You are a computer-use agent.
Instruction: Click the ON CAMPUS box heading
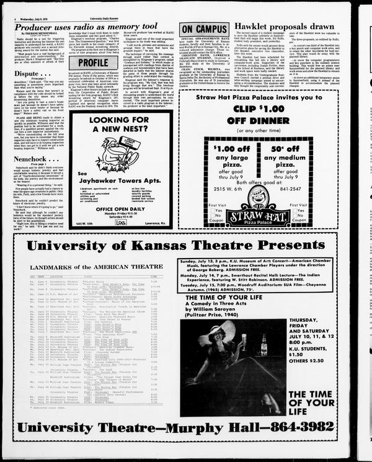pos(204,29)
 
